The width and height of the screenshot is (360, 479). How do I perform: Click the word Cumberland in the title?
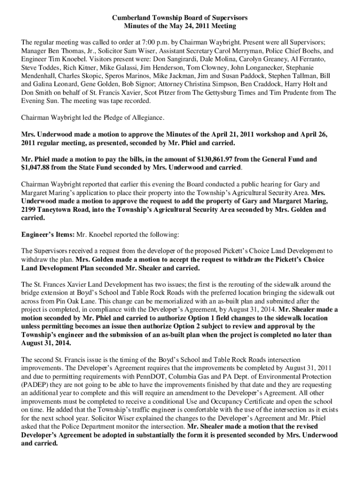(x=129, y=17)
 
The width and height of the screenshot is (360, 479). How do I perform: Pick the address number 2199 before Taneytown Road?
(x=30, y=210)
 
